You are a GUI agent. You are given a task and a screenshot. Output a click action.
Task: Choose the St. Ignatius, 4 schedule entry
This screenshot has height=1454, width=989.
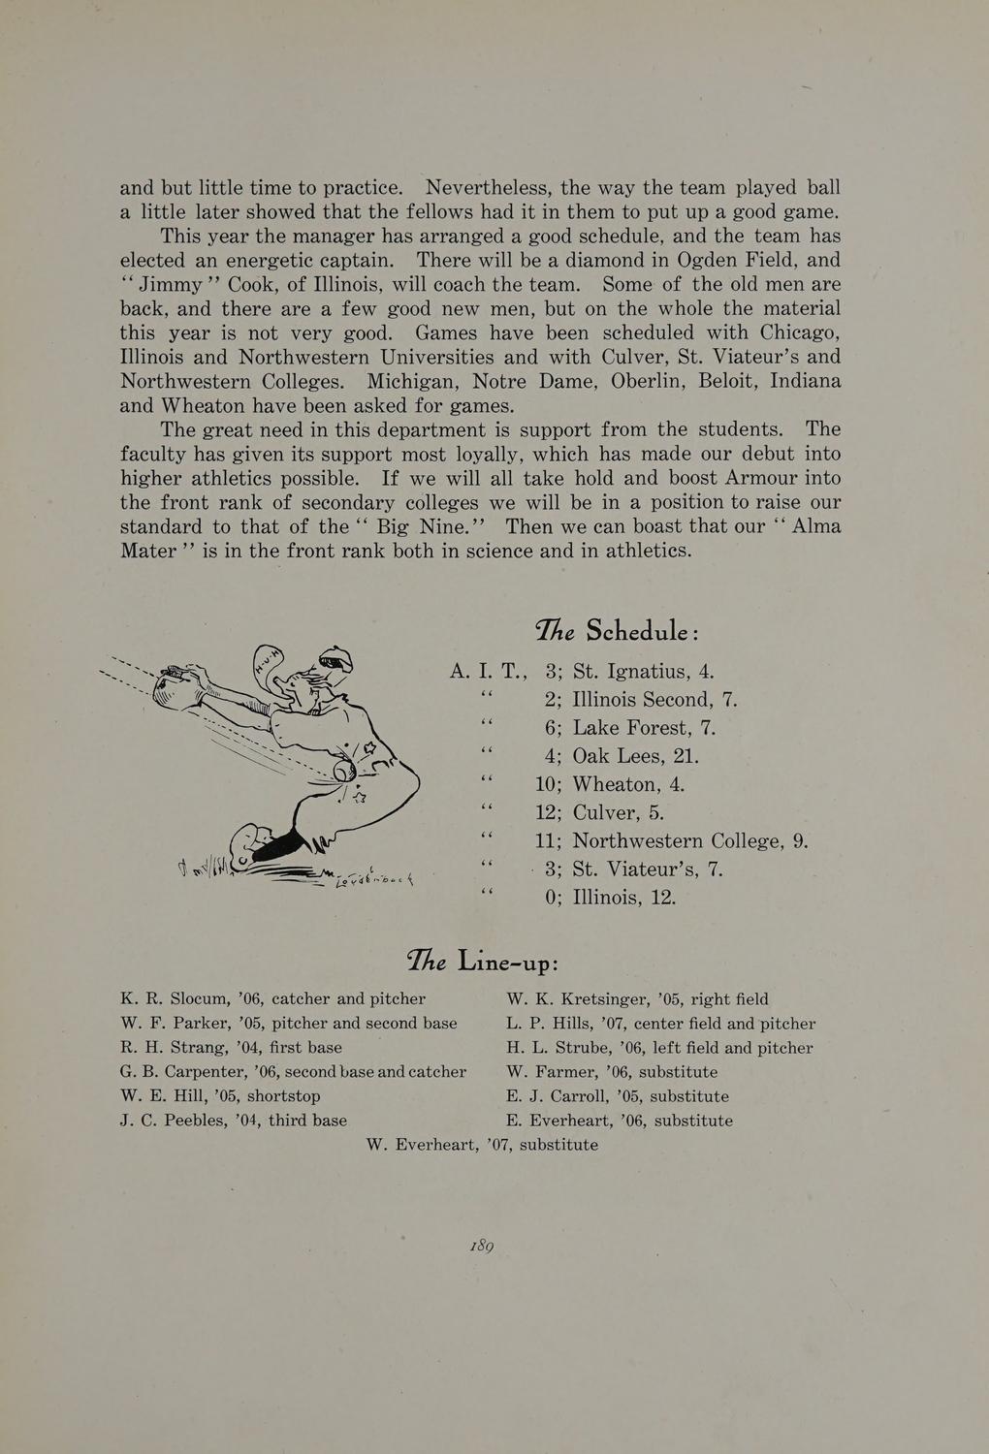pos(643,672)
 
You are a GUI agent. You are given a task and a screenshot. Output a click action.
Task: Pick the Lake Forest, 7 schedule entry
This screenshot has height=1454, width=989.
pos(644,728)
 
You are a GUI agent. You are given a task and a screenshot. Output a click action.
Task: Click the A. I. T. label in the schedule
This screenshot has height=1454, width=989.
pos(488,672)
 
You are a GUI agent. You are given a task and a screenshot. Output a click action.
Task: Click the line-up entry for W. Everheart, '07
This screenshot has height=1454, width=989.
pos(482,1145)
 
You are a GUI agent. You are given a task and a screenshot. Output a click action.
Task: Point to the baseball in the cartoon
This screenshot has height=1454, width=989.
pos(344,770)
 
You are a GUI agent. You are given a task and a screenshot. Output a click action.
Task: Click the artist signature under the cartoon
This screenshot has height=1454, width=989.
pos(373,878)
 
